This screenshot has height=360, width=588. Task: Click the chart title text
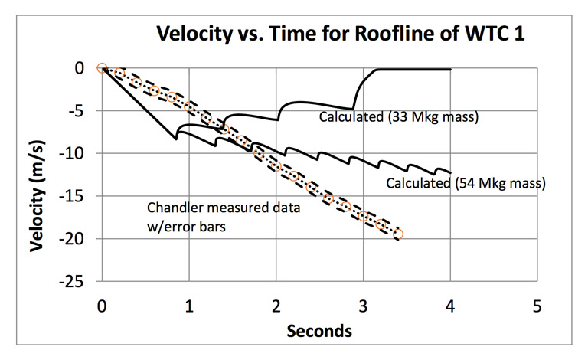[x=341, y=34]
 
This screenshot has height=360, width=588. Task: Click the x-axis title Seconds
[x=319, y=332]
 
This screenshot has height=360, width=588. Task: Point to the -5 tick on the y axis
[x=82, y=111]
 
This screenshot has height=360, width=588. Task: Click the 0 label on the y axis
[x=87, y=68]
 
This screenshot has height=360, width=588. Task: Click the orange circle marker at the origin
[x=102, y=68]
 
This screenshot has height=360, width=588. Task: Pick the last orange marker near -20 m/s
[x=399, y=234]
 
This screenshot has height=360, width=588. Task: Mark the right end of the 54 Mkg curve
[x=450, y=172]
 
